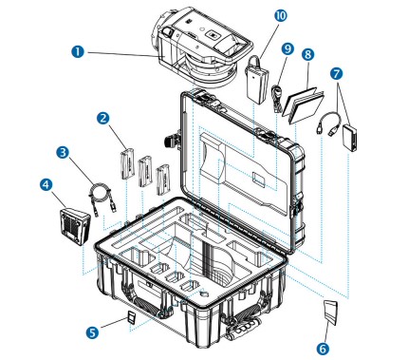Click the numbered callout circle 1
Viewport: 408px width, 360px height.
point(78,46)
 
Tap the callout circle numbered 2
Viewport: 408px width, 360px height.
point(102,118)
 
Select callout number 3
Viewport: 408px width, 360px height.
point(62,151)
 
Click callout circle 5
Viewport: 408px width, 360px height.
point(91,332)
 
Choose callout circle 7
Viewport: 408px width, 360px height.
point(338,72)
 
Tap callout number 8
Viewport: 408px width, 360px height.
point(307,55)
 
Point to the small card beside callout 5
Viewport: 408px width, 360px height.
point(132,316)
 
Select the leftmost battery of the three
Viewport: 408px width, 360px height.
point(127,164)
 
